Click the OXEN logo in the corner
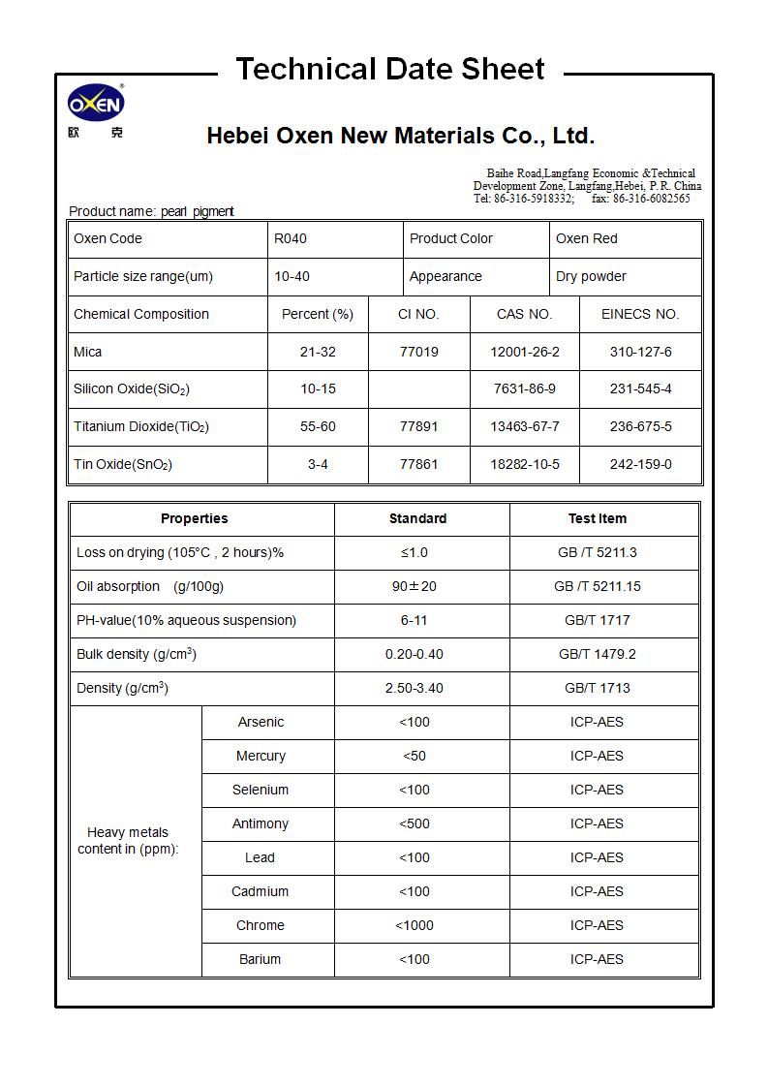click(x=95, y=104)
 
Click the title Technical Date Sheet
click(x=389, y=69)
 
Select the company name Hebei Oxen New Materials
click(x=400, y=136)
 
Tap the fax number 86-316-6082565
click(x=651, y=199)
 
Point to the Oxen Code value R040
click(x=291, y=238)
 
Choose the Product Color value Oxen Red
click(x=586, y=238)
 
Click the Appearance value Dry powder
click(x=591, y=276)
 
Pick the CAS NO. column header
click(x=524, y=314)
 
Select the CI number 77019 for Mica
click(x=418, y=352)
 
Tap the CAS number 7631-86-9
click(x=524, y=388)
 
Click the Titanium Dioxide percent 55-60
click(x=318, y=426)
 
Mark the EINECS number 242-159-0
click(x=640, y=464)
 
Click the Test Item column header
click(x=597, y=518)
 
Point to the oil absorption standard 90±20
click(x=414, y=586)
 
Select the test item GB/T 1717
click(x=597, y=620)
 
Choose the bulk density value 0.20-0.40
click(x=414, y=654)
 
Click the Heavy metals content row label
click(x=128, y=840)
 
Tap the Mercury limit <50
click(x=414, y=756)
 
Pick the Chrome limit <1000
click(x=414, y=925)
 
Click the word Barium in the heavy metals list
click(x=260, y=959)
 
